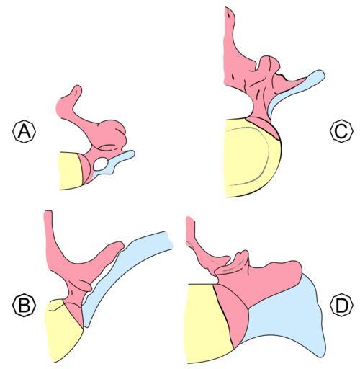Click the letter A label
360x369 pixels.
pos(24,131)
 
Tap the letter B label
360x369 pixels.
pos(24,305)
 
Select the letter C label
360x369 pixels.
pos(341,131)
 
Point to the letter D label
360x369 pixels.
pos(341,305)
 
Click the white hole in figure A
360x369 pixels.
pos(101,164)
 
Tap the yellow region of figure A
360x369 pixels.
pos(71,171)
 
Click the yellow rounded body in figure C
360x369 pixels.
pos(250,159)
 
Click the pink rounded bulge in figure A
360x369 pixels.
pos(113,132)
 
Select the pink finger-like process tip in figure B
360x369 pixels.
pos(120,246)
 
